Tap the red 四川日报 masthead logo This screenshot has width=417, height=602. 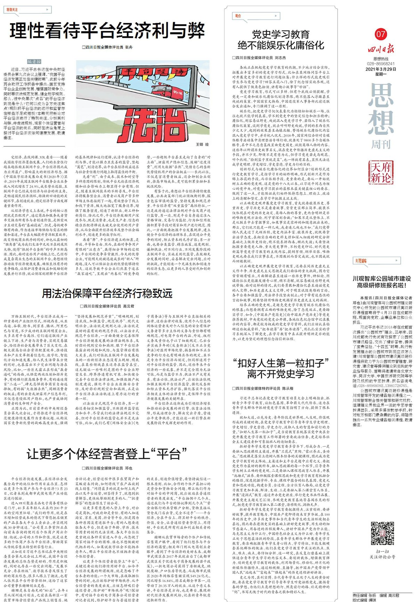click(x=381, y=49)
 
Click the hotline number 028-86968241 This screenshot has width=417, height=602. click(x=381, y=64)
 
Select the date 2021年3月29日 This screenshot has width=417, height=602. click(x=381, y=69)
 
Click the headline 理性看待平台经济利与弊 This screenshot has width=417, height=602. click(x=107, y=31)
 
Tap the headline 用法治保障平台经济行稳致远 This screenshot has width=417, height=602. click(x=107, y=293)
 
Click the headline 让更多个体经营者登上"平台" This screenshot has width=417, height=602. click(x=107, y=454)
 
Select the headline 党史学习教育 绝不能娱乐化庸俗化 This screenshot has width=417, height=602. click(x=280, y=40)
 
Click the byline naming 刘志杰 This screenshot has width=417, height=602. click(x=259, y=58)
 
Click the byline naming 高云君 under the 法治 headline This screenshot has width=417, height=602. click(x=107, y=306)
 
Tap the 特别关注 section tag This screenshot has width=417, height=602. click(x=13, y=10)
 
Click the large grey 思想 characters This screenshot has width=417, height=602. click(x=381, y=109)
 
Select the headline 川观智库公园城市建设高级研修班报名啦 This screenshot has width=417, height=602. click(x=382, y=282)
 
